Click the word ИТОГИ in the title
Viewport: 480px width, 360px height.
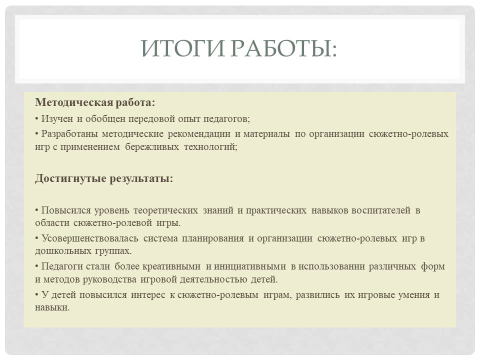(x=182, y=48)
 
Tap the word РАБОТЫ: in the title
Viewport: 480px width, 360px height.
(x=283, y=48)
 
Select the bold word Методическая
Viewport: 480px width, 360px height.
(x=74, y=102)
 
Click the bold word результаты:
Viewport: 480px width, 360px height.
(x=141, y=178)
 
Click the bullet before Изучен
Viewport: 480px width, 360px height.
(x=36, y=118)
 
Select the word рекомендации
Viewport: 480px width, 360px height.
(x=199, y=134)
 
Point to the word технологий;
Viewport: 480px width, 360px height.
(x=210, y=147)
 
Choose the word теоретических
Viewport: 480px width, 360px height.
(x=165, y=210)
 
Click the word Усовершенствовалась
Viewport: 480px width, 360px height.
(x=89, y=238)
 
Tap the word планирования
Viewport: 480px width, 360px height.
(x=213, y=238)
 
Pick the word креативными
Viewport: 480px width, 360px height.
(x=171, y=266)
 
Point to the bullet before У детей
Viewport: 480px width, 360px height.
(x=36, y=295)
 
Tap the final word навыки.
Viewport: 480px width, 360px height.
(x=52, y=307)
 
